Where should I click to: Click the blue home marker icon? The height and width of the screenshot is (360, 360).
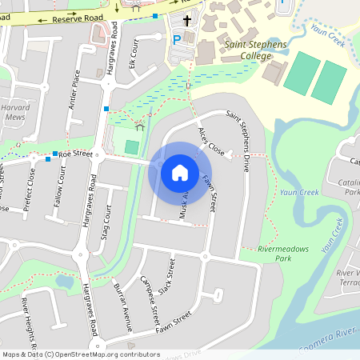pos(179,172)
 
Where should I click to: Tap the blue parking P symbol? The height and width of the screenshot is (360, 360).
pos(177,38)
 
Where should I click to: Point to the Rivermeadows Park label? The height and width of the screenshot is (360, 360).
pos(272,254)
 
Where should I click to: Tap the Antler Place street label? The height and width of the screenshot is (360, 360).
pos(75,89)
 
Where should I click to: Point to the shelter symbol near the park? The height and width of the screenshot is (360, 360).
pos(141,125)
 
